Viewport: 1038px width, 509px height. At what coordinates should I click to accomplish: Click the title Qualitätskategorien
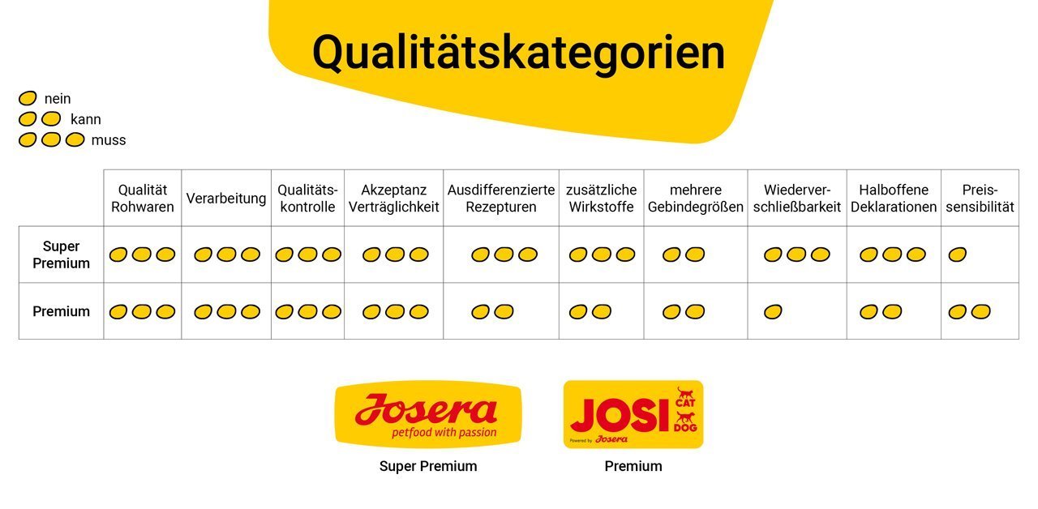[x=518, y=53]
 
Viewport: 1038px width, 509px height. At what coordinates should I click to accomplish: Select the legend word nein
[x=58, y=99]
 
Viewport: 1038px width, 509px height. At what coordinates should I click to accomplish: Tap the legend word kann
[x=86, y=119]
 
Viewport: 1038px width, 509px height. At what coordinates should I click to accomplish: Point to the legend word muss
[x=109, y=140]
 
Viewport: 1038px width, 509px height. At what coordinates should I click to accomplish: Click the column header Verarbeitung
[x=226, y=199]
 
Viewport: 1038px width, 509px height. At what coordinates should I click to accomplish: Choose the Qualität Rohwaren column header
[x=142, y=199]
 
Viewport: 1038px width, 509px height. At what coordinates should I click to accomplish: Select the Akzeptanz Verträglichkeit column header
[x=393, y=199]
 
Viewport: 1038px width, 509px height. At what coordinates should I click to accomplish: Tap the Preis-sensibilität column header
[x=980, y=199]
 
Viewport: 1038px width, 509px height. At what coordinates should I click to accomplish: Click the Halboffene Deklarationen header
[x=894, y=199]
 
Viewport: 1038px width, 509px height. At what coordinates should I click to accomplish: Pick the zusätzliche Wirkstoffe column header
[x=601, y=199]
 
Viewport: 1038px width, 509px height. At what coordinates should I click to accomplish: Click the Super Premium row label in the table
[x=61, y=254]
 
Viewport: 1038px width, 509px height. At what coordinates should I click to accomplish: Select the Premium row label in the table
[x=61, y=311]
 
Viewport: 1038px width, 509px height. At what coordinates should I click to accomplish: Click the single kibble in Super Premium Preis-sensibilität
[x=958, y=254]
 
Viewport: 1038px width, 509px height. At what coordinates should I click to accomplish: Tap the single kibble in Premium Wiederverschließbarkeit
[x=773, y=312]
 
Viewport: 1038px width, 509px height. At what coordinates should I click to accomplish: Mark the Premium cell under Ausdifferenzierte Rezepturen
[x=501, y=311]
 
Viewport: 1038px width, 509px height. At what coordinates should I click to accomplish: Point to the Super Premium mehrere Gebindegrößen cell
[x=695, y=254]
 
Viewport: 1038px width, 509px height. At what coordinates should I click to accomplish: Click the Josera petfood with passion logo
[x=428, y=414]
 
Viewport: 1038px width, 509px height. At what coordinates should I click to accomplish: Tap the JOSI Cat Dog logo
[x=633, y=414]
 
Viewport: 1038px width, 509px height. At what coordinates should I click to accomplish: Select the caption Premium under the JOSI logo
[x=633, y=466]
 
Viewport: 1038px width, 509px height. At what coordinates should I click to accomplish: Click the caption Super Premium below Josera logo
[x=428, y=466]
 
